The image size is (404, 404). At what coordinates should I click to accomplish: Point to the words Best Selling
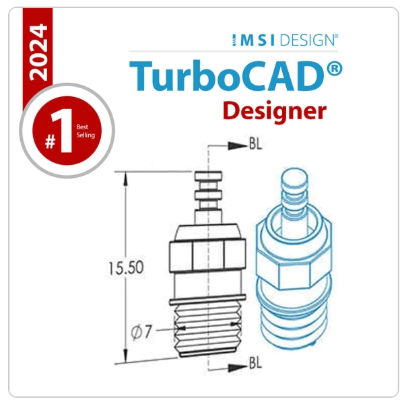(x=86, y=131)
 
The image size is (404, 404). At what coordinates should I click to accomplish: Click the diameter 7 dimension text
(x=142, y=331)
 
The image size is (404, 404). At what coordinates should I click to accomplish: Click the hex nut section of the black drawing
(x=207, y=257)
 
